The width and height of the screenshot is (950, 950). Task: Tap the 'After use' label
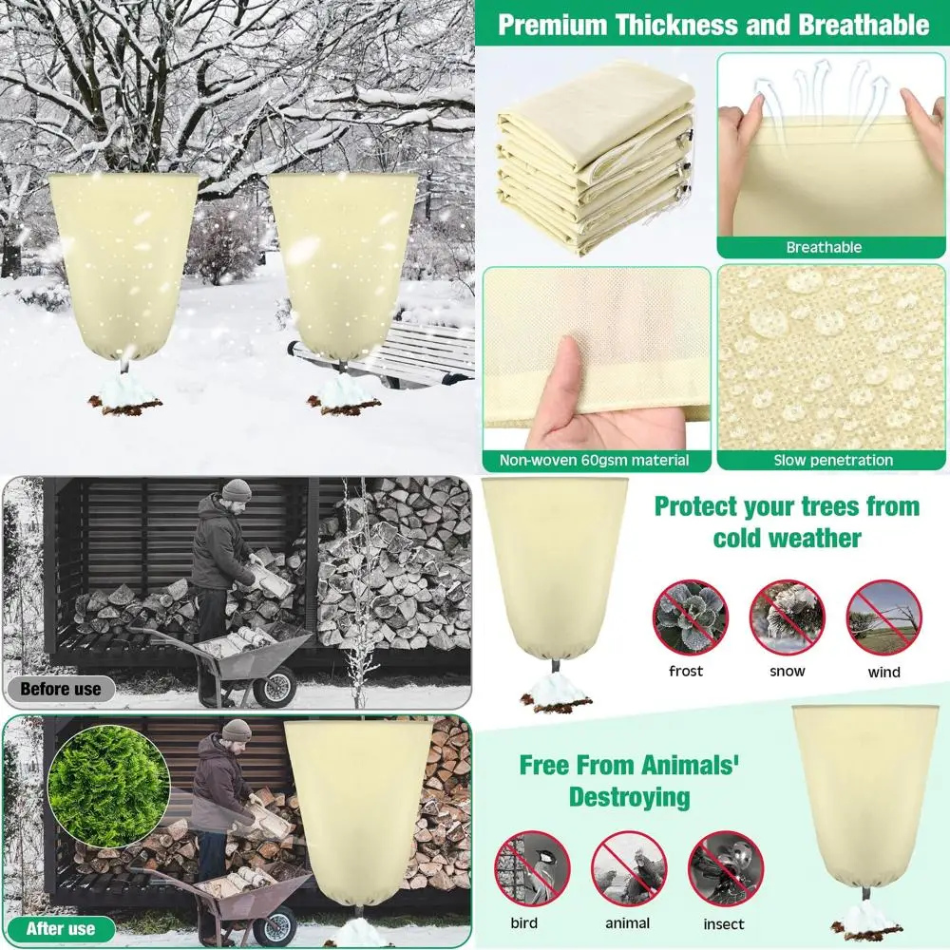coord(60,928)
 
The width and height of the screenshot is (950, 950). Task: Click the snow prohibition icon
coord(787,617)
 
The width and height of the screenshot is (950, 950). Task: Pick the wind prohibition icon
coord(883,617)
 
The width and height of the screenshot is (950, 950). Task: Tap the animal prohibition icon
coord(628,868)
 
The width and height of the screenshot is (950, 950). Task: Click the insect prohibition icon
coord(725,868)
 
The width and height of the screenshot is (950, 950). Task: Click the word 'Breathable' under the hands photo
coord(824,247)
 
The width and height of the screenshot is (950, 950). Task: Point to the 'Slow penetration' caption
coord(832,461)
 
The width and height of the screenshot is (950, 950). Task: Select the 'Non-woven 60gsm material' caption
coord(595,461)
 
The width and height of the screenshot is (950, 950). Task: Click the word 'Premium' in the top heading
coord(552,25)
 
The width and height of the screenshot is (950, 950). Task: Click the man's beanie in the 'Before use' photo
coord(237,490)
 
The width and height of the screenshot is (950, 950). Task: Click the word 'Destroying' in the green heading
coord(629,796)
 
